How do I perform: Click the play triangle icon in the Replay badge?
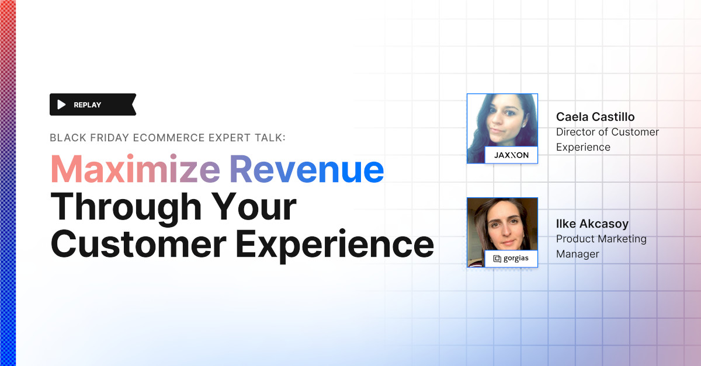pos(61,104)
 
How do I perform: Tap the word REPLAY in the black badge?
pos(88,105)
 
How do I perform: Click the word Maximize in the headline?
pos(135,170)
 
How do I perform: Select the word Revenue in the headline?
pos(306,170)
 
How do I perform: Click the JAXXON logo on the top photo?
pos(511,155)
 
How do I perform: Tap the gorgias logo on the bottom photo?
pos(511,259)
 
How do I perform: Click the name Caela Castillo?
pos(595,117)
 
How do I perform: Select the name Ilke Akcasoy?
pos(592,224)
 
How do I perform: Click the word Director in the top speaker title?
pos(575,132)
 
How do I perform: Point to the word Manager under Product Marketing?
pos(578,254)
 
